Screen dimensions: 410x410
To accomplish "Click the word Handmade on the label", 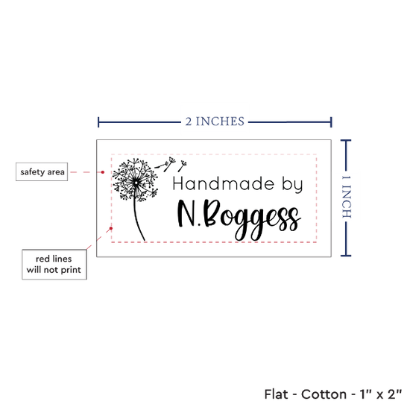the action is [x=224, y=184].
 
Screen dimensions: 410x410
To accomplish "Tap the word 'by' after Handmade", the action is [x=292, y=185].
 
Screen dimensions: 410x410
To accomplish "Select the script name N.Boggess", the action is [x=238, y=220].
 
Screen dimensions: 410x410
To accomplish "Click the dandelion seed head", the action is [x=136, y=180].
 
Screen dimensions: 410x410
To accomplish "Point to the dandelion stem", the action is [x=138, y=220].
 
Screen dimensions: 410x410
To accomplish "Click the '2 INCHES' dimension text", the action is [x=215, y=122].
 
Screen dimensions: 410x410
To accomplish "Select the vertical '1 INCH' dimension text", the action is [x=346, y=197].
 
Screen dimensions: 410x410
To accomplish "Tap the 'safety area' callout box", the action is [x=42, y=171].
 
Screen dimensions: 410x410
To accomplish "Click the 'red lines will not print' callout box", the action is [x=54, y=265].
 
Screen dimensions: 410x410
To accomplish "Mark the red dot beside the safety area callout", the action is [x=103, y=172].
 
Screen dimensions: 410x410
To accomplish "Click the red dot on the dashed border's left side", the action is [x=111, y=228].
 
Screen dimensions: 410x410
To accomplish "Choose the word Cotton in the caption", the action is [x=324, y=394].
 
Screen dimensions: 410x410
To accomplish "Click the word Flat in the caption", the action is [x=276, y=394].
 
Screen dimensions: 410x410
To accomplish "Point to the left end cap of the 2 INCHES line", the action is [x=98, y=122].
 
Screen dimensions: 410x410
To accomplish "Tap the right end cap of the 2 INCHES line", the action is [x=331, y=122].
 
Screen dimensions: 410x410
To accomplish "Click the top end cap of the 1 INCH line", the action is [x=346, y=141].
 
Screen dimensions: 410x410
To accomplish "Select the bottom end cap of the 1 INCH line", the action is [x=346, y=256].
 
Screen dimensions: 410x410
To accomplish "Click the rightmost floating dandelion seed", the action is [x=182, y=166].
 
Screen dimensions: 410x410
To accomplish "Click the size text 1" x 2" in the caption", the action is [x=381, y=394].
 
